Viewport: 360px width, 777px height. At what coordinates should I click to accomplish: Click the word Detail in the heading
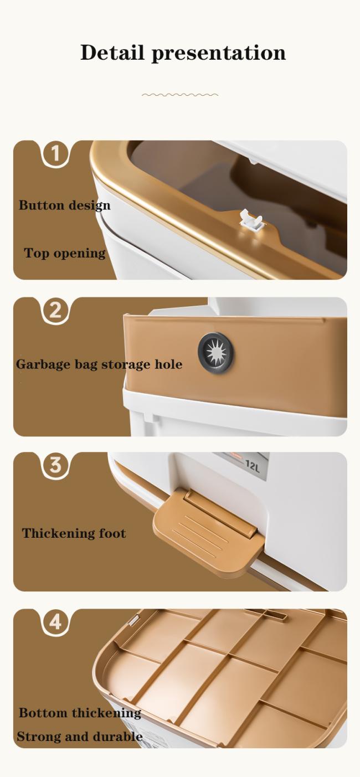[112, 53]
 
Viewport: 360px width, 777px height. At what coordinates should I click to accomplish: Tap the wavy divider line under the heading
[180, 94]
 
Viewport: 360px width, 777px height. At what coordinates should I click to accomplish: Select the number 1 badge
[55, 153]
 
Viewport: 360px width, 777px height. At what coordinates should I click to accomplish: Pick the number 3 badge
[55, 465]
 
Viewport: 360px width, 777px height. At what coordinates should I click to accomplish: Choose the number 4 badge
[55, 622]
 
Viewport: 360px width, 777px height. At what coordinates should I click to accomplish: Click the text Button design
[64, 205]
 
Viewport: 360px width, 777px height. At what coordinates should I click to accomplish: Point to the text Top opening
[64, 253]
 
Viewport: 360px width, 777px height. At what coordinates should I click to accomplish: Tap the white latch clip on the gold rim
[251, 219]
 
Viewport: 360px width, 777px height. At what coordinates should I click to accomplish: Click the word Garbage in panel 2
[43, 364]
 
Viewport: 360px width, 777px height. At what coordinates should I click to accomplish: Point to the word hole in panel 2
[168, 364]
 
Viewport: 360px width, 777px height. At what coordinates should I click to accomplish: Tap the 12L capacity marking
[252, 466]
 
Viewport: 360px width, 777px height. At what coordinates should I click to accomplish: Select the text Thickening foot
[74, 533]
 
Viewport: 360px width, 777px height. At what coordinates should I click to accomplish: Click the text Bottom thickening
[80, 713]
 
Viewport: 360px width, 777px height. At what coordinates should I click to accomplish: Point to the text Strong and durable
[80, 737]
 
